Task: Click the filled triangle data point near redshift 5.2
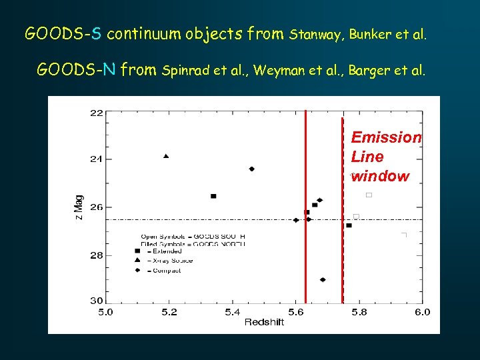coord(166,156)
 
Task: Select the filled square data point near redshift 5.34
coord(213,196)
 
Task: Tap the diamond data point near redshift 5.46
coord(251,169)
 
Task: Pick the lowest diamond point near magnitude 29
coord(323,279)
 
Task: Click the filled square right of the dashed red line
coord(349,225)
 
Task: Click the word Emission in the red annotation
coord(386,137)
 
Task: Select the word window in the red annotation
coord(380,177)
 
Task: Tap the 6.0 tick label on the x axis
coord(422,311)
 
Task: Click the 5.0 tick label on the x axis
coord(105,311)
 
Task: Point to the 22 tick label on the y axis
coord(97,113)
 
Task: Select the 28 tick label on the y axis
coord(97,255)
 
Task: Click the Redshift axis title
coord(264,322)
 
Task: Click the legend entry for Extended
coord(167,251)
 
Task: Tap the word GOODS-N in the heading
coord(77,69)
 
